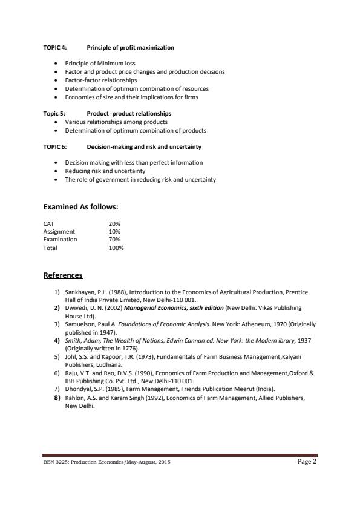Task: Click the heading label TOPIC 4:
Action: [55, 47]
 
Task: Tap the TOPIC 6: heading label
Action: [55, 146]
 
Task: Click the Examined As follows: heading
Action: [80, 207]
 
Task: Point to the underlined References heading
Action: [63, 275]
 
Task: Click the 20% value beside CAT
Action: [114, 223]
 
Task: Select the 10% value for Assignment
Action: [114, 231]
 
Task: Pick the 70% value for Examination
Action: [114, 239]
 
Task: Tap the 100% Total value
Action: [116, 248]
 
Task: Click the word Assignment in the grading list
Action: [59, 231]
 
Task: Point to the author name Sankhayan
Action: [80, 291]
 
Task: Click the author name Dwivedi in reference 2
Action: [76, 308]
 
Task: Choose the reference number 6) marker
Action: [56, 373]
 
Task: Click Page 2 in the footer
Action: [307, 461]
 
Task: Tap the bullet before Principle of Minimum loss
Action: [56, 63]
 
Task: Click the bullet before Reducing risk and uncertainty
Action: [56, 171]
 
